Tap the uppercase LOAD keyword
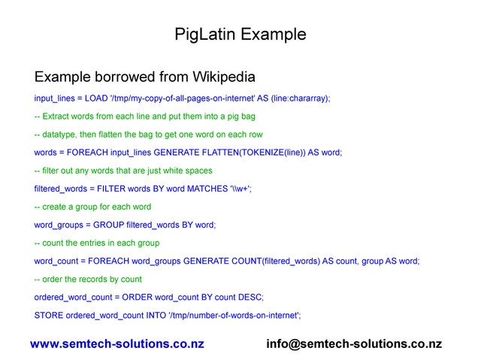[96, 99]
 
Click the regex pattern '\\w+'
[240, 189]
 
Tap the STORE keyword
[48, 315]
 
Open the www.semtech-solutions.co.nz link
[116, 344]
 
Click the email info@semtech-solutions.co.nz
[354, 344]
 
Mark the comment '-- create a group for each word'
[92, 207]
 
